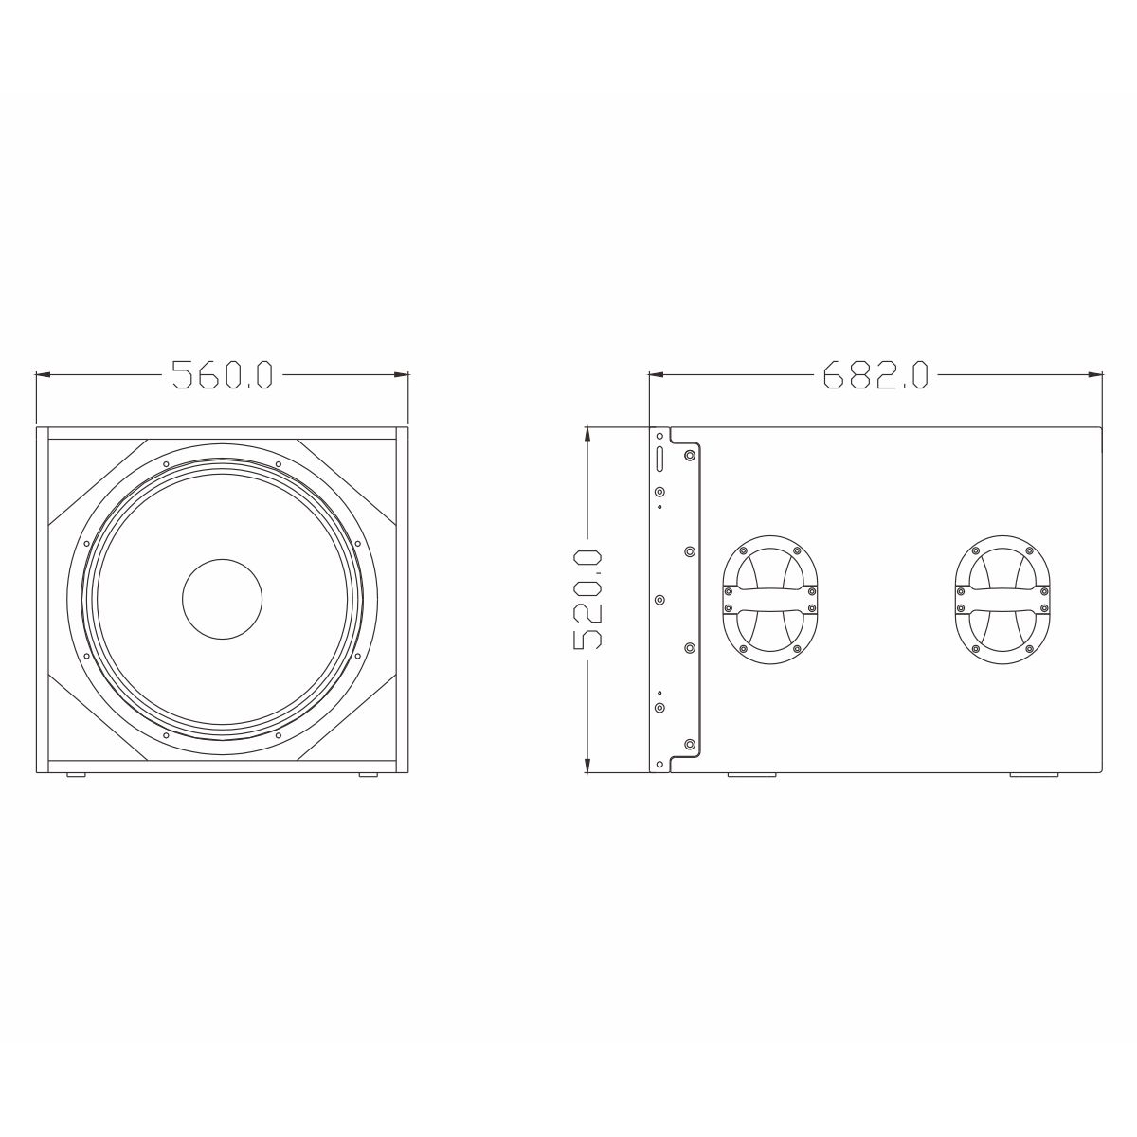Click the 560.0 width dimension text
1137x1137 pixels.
[x=222, y=375]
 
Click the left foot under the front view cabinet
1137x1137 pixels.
[x=76, y=776]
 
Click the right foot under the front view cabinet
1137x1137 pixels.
[x=367, y=776]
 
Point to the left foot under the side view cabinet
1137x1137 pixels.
[x=751, y=776]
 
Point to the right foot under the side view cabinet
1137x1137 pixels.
[x=1034, y=776]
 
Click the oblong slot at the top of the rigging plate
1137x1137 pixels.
[x=659, y=458]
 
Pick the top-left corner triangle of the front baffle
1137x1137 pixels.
[x=90, y=474]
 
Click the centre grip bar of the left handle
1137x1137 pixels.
[x=769, y=601]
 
